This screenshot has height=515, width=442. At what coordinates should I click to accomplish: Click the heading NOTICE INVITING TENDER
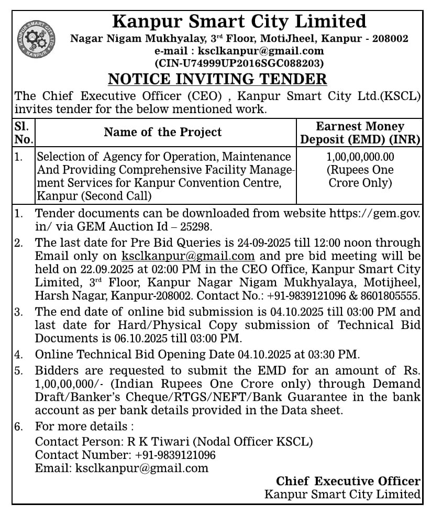click(217, 79)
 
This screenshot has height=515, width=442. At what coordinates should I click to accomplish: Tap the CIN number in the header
click(239, 63)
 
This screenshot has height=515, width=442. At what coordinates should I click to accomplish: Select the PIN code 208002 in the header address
click(390, 38)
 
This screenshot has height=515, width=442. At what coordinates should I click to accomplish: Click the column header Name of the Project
click(162, 132)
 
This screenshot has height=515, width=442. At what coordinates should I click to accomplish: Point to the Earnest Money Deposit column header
click(360, 133)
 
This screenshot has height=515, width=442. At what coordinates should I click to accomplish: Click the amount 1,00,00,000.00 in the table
click(360, 157)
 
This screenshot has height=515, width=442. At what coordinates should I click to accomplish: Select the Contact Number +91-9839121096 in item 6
click(175, 455)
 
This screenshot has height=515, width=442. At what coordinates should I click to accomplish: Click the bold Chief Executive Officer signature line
click(348, 481)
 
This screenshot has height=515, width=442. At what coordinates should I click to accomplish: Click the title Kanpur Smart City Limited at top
click(239, 21)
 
